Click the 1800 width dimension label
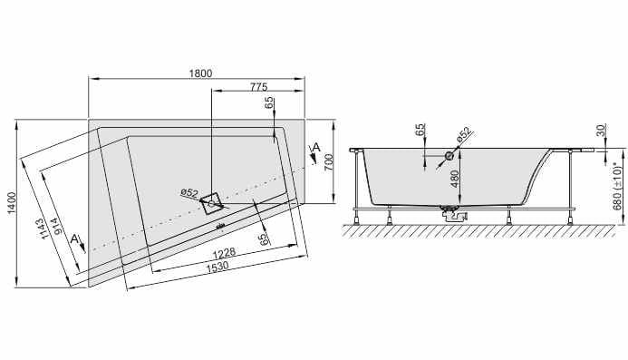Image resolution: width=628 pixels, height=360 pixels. pyautogui.click(x=200, y=73)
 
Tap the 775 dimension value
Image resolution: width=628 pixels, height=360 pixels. pyautogui.click(x=259, y=86)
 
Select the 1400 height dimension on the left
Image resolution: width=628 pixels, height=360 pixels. pyautogui.click(x=13, y=203)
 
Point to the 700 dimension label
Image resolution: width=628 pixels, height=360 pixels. pyautogui.click(x=328, y=162)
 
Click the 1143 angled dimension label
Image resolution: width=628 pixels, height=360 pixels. pyautogui.click(x=48, y=229)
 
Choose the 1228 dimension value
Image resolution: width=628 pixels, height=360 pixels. pyautogui.click(x=224, y=253)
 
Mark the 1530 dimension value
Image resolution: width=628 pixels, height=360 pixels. pyautogui.click(x=217, y=267)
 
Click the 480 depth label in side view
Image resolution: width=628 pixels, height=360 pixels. pyautogui.click(x=455, y=179)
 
